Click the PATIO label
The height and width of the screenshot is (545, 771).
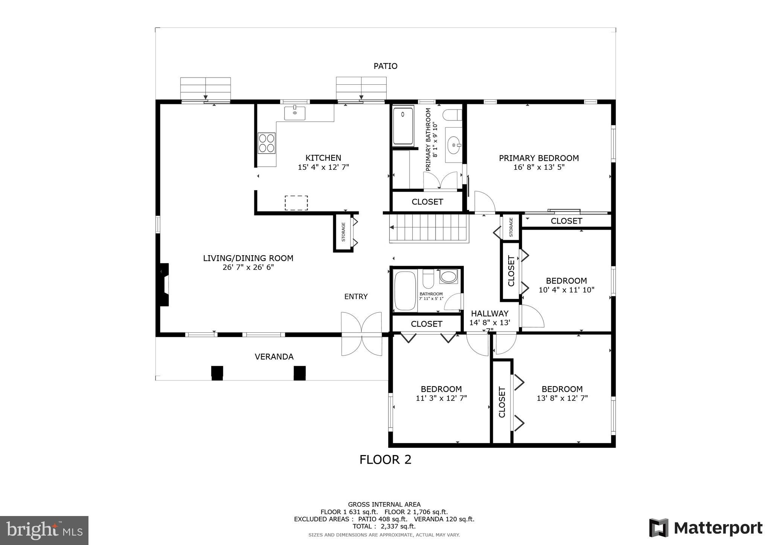[385, 66]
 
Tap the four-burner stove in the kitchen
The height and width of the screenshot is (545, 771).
[266, 143]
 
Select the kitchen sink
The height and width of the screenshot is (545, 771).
[295, 113]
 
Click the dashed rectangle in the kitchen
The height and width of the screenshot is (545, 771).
[296, 203]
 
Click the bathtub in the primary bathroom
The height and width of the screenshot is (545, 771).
[403, 126]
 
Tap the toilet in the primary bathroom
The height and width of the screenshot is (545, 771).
[452, 115]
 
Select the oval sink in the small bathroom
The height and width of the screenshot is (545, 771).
[448, 277]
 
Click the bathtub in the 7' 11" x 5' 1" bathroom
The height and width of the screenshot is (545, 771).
[405, 291]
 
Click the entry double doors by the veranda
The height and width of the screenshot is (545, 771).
[361, 334]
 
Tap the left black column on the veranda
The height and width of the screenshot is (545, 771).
[217, 373]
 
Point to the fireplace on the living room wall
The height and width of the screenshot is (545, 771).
[164, 284]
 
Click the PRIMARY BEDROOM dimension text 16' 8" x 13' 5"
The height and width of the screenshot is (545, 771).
[539, 167]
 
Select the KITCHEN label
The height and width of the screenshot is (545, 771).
[323, 158]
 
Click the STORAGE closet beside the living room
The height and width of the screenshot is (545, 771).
[343, 232]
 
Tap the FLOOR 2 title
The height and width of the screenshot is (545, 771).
[385, 460]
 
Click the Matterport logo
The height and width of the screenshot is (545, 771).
[706, 528]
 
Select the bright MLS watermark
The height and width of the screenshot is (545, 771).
[44, 530]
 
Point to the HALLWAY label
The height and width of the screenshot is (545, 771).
[489, 314]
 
